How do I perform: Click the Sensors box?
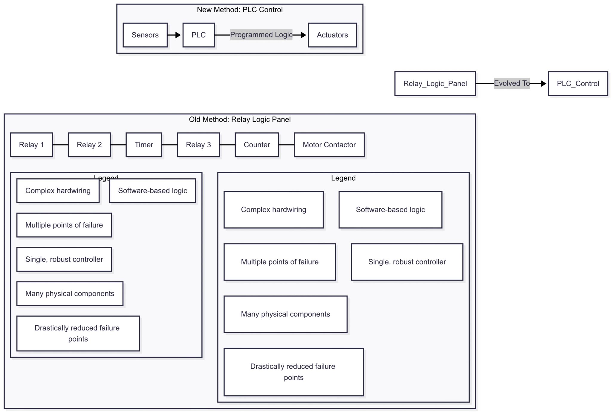[145, 35]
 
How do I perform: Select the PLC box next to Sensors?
[198, 35]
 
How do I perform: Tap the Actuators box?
[332, 35]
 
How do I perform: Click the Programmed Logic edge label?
[261, 35]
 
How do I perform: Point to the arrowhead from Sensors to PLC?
[178, 35]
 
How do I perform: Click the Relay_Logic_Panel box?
[435, 84]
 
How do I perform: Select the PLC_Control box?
[578, 84]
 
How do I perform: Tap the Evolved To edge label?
[512, 83]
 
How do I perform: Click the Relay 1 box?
[31, 145]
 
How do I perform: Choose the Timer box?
[144, 145]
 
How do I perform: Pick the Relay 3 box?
[198, 145]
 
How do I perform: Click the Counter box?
[257, 145]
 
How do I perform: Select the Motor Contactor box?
[329, 145]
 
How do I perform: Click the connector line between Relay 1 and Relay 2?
[60, 145]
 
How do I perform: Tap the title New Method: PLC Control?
[240, 10]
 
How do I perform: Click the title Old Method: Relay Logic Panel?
[240, 120]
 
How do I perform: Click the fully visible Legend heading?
[343, 178]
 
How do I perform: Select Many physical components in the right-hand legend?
[285, 314]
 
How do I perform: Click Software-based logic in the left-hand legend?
[152, 191]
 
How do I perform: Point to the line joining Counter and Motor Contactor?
[286, 145]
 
